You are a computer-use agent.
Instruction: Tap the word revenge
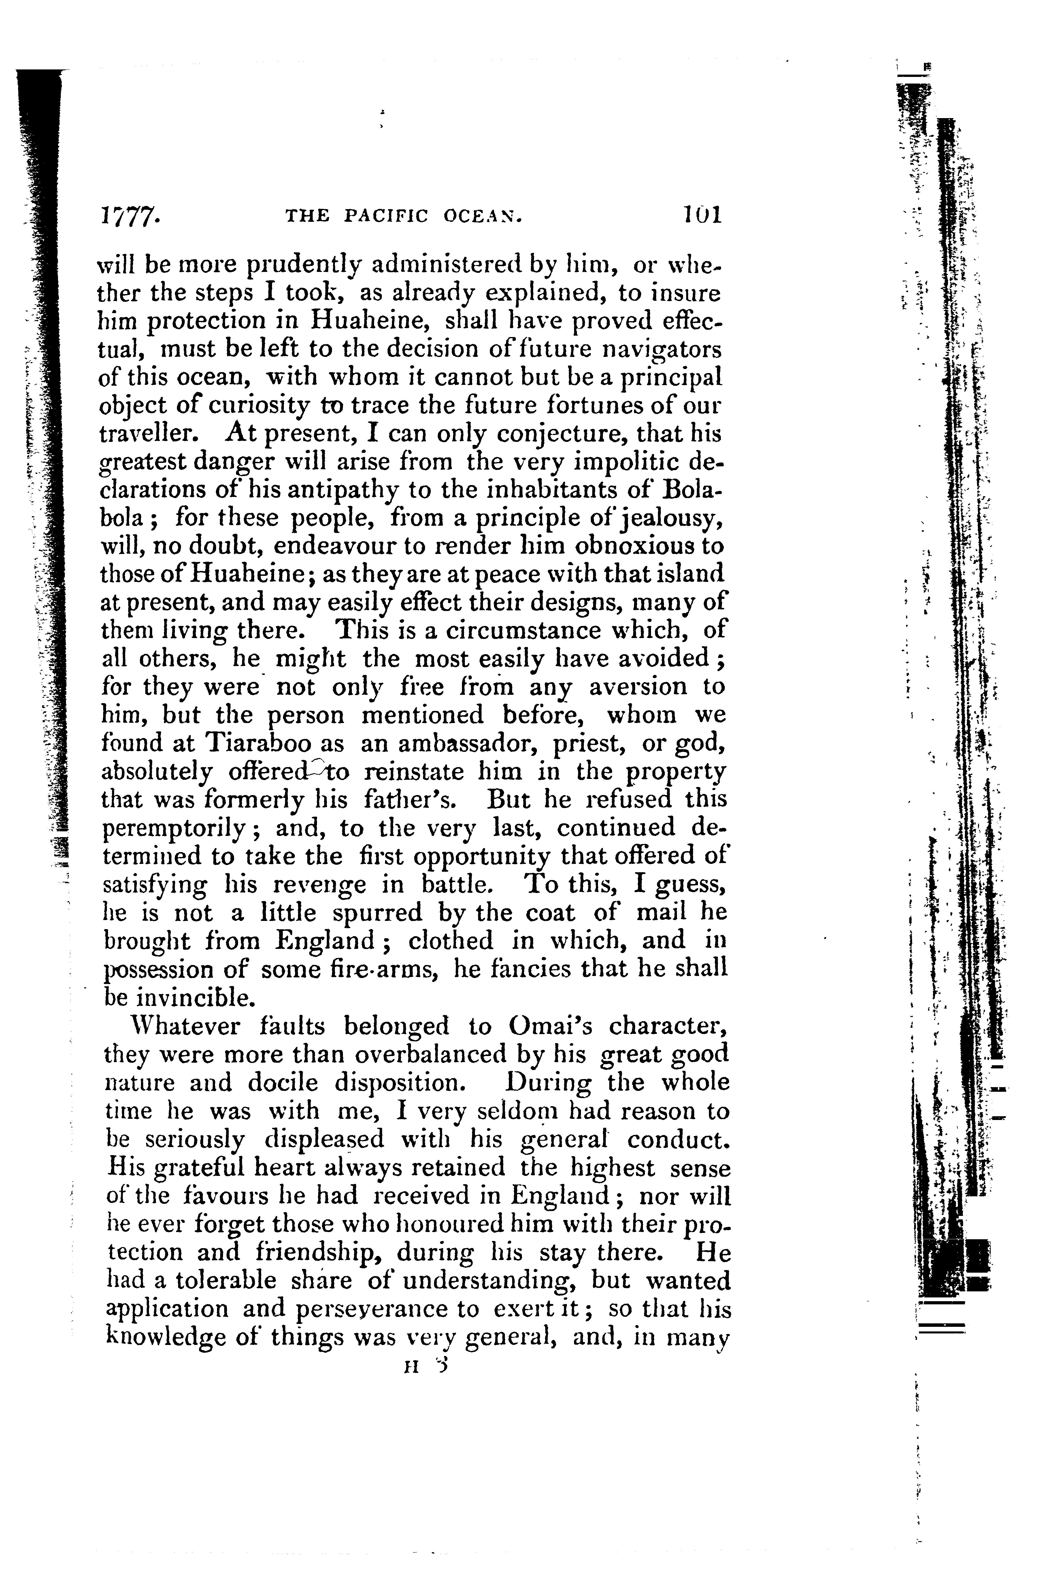(320, 885)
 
